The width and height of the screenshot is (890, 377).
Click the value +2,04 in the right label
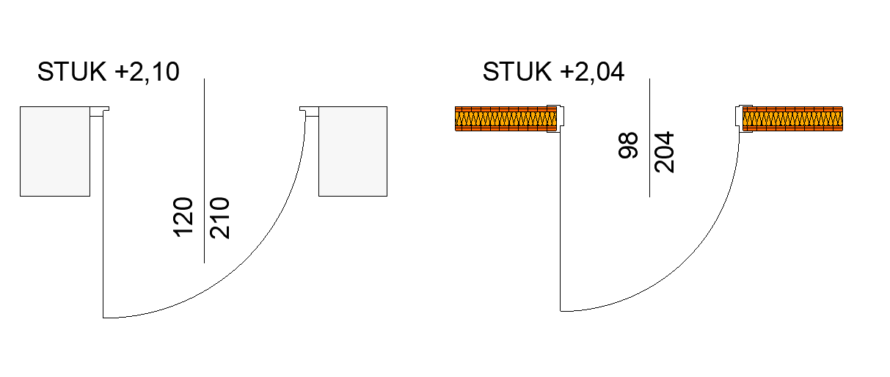tap(592, 72)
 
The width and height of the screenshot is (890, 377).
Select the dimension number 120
tap(183, 216)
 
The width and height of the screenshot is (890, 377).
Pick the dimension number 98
tap(628, 146)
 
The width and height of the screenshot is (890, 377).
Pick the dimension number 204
tap(664, 152)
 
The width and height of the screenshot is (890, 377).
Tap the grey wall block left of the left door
tap(55, 151)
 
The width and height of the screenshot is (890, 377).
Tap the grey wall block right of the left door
tap(353, 151)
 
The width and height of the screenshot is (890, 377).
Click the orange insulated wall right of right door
tap(792, 119)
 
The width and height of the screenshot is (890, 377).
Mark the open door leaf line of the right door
tap(561, 220)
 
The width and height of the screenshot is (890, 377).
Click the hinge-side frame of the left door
tap(99, 111)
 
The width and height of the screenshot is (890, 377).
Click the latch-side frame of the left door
tap(309, 111)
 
